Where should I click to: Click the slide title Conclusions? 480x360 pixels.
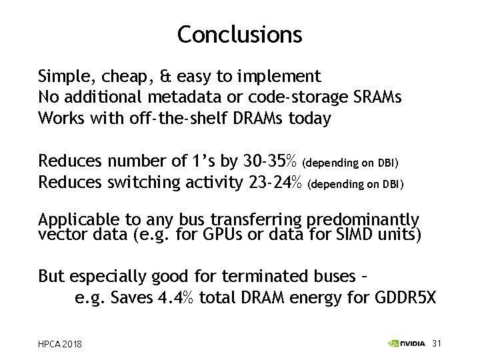[x=239, y=34]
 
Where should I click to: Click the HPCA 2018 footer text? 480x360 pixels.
[x=60, y=344]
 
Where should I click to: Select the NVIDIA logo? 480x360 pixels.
[x=406, y=344]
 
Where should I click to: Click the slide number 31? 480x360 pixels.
[x=437, y=344]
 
